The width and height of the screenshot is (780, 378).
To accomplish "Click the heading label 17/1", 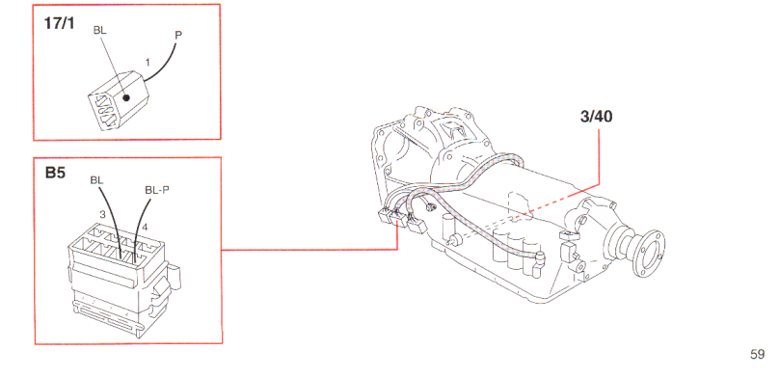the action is pyautogui.click(x=59, y=24).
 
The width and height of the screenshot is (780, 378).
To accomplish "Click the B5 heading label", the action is pyautogui.click(x=55, y=173).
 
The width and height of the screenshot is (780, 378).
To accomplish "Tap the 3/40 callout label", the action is pyautogui.click(x=597, y=117).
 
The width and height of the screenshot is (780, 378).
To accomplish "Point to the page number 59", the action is pyautogui.click(x=757, y=355).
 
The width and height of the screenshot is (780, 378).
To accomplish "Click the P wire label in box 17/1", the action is pyautogui.click(x=178, y=36).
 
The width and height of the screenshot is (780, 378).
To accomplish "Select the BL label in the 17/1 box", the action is pyautogui.click(x=100, y=30).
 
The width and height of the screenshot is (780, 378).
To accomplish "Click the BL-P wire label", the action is pyautogui.click(x=156, y=190).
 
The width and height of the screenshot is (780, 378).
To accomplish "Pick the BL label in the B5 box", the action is pyautogui.click(x=97, y=180).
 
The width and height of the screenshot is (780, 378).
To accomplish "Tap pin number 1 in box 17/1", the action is pyautogui.click(x=148, y=63).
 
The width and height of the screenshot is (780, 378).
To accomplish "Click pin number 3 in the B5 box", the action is pyautogui.click(x=102, y=215).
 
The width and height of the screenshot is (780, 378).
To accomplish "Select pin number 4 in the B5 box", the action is pyautogui.click(x=145, y=228).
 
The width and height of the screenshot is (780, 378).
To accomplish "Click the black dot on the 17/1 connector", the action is pyautogui.click(x=126, y=98).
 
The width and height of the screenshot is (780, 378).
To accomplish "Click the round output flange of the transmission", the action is pyautogui.click(x=649, y=253).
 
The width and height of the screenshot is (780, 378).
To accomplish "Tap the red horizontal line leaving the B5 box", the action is pyautogui.click(x=309, y=250).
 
